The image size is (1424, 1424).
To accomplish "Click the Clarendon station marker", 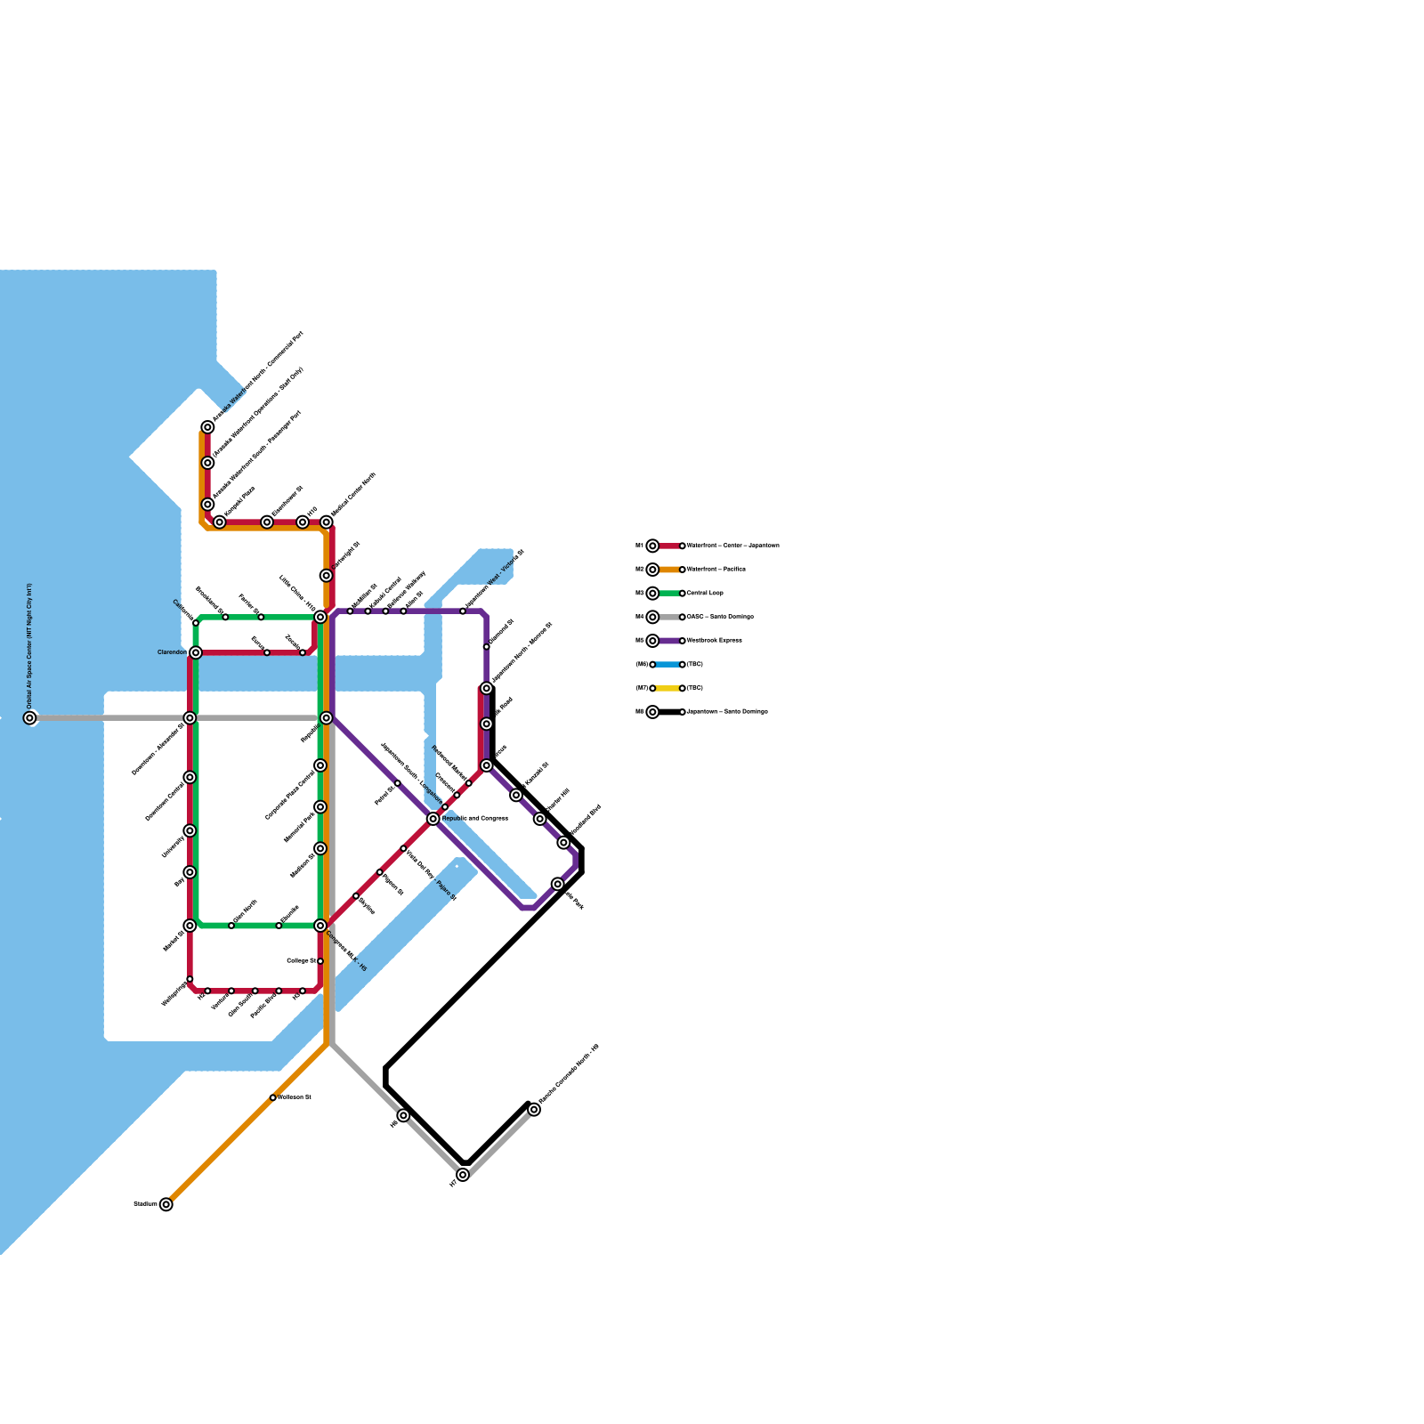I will [196, 652].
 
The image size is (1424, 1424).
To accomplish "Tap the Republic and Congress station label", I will [474, 818].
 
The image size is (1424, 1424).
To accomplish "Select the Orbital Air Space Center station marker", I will [29, 717].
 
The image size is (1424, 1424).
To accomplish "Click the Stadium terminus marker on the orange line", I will [166, 1204].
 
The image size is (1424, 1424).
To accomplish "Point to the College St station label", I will [301, 961].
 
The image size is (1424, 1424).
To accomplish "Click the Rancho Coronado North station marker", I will [534, 1109].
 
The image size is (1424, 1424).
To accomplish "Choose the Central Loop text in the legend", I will [705, 593].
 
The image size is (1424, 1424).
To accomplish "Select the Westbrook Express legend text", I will [714, 641].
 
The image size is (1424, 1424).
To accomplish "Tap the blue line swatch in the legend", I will [667, 664].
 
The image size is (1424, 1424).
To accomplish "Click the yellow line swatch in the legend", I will [667, 688].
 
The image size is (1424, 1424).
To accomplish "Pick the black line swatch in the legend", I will [667, 712].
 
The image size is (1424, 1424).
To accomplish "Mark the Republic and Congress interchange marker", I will [433, 819].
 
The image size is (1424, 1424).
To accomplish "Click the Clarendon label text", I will [172, 652].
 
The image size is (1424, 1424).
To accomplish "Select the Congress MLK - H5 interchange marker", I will [320, 926].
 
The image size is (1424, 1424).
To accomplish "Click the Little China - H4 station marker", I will [320, 617].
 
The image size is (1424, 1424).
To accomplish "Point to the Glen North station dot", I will [231, 926].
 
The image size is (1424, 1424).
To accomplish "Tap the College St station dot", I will [320, 961].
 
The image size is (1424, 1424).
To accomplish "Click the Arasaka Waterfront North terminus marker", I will [207, 427].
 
